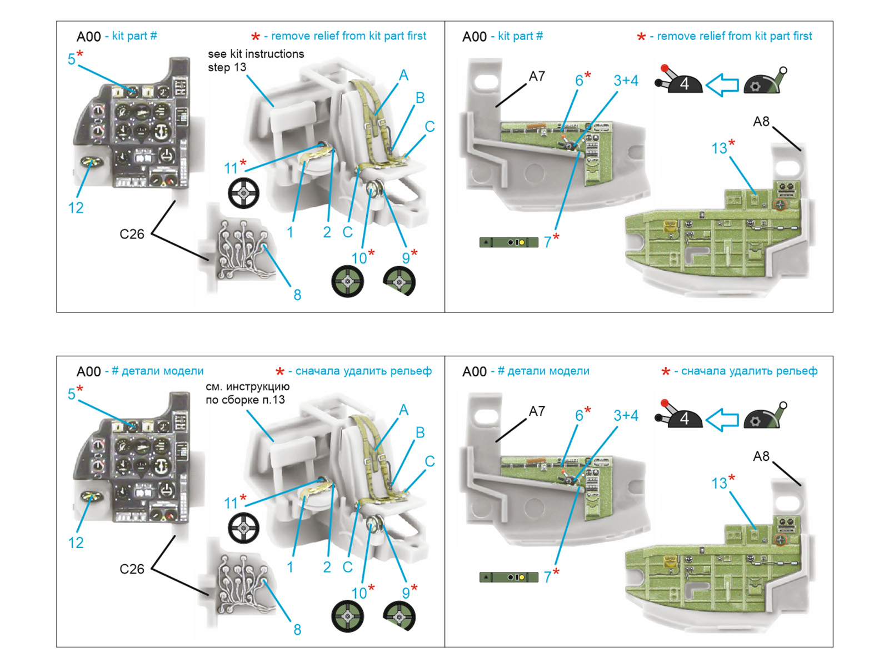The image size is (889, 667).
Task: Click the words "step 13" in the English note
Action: click(227, 67)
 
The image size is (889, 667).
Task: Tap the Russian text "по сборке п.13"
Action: click(245, 400)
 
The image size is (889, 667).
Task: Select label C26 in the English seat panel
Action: click(132, 234)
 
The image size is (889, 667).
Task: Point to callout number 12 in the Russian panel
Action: click(76, 542)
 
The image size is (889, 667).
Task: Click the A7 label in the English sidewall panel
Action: click(537, 76)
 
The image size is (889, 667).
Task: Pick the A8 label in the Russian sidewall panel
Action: click(761, 456)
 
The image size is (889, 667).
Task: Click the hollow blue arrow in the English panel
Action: click(722, 84)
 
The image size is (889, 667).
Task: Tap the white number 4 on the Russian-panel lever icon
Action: click(685, 419)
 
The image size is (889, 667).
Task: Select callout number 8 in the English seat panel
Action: click(297, 295)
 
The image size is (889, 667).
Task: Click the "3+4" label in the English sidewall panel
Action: click(626, 81)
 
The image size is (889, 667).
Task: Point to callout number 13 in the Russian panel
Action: click(719, 483)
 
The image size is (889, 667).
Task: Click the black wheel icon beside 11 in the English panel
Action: click(243, 193)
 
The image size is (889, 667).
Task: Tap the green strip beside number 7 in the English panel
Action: click(508, 242)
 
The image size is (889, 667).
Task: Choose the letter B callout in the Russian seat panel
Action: click(420, 432)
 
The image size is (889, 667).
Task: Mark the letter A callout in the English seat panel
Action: click(403, 75)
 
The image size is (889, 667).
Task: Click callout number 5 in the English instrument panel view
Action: click(71, 59)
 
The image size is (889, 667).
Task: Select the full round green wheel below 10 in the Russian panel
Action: click(347, 616)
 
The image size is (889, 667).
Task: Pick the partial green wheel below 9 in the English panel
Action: click(399, 281)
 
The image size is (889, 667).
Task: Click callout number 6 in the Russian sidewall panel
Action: click(578, 415)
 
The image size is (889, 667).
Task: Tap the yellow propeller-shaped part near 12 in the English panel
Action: click(91, 162)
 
